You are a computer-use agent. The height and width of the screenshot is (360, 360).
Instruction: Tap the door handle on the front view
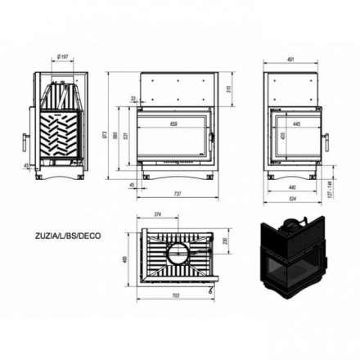tap(215, 133)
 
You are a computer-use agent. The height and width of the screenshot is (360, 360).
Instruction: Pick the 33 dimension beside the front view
tap(133, 98)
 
